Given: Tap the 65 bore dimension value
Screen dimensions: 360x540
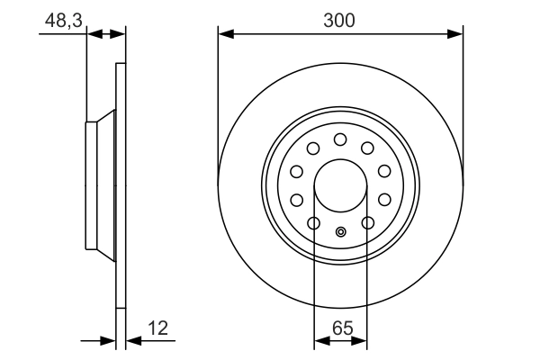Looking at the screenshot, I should click(340, 328).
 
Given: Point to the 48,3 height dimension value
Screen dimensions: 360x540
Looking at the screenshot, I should click(59, 19).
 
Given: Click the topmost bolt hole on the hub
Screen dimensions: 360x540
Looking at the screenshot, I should click(340, 139).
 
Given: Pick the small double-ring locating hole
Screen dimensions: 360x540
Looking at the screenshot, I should click(340, 233).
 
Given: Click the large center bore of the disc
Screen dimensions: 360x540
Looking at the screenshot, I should click(340, 184).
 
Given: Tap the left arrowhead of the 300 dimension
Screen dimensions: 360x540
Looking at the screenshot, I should click(225, 34).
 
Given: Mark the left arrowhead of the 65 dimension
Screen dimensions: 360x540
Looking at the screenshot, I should click(319, 342).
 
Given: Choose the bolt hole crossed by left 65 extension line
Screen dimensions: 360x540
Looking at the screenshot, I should click(313, 223).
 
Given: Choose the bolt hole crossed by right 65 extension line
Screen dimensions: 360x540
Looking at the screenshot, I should click(367, 223).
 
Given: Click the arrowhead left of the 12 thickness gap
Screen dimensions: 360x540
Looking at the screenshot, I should click(110, 341).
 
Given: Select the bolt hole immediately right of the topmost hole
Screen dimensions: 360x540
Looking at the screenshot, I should click(367, 148).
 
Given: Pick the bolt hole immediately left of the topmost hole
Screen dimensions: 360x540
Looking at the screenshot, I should click(313, 148).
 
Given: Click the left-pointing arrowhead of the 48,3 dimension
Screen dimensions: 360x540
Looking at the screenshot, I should click(93, 34).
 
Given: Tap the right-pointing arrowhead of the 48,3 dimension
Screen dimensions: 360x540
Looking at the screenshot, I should click(119, 34).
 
